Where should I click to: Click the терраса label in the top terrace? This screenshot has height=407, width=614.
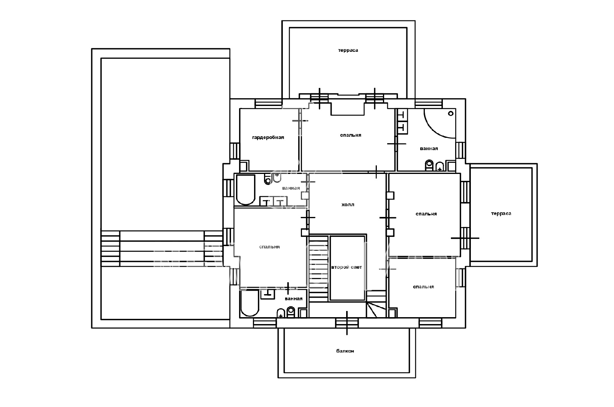[x=348, y=50]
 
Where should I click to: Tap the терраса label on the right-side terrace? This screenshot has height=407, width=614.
[x=501, y=213]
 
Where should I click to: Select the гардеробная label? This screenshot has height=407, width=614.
[x=268, y=137]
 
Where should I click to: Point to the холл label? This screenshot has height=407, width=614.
[x=348, y=205]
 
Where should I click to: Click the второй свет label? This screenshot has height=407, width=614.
[x=347, y=267]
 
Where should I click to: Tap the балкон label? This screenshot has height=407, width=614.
[x=345, y=351]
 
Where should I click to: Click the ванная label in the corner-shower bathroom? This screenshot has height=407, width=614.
[x=429, y=149]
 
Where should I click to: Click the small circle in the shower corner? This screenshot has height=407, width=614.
[x=451, y=114]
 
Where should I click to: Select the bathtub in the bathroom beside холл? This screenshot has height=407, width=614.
[x=246, y=190]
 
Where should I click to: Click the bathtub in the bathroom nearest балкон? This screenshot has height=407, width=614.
[x=249, y=303]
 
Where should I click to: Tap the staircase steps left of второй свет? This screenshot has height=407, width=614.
[x=319, y=269]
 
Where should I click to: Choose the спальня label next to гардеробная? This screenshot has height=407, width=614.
[x=351, y=135]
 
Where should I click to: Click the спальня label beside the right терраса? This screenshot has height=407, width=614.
[x=426, y=214]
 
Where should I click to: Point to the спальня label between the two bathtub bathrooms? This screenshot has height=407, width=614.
[x=269, y=247]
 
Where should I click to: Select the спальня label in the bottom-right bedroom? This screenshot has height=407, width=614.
[x=423, y=287]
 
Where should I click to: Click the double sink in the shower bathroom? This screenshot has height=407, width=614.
[x=403, y=121]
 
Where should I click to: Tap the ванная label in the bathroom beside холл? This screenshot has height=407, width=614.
[x=291, y=188]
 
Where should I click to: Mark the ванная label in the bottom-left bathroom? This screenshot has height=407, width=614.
[x=293, y=299]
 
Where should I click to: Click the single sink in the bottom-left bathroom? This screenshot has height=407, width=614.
[x=267, y=294]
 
